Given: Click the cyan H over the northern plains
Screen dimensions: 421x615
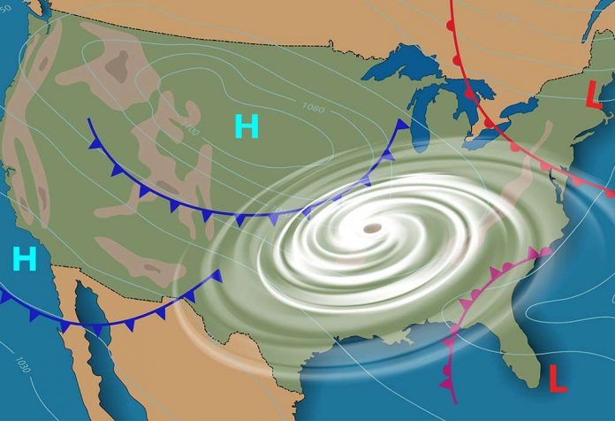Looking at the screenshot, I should click(x=247, y=127).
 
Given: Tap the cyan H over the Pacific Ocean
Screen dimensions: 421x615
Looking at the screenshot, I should click(x=25, y=258).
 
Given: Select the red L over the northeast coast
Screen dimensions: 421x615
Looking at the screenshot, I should click(x=595, y=93).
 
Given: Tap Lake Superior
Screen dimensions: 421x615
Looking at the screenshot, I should click(x=402, y=62).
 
